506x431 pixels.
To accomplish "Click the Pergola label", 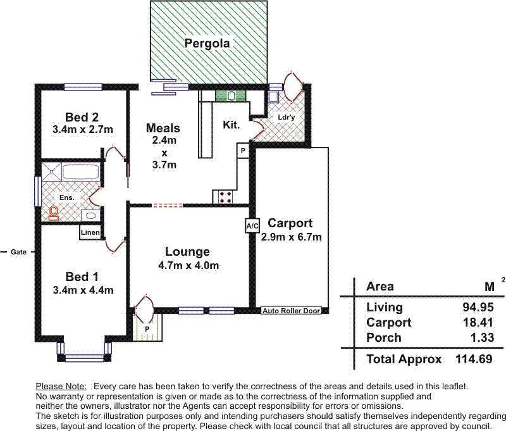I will pos(207,44).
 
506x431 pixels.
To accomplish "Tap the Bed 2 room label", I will pos(82,117).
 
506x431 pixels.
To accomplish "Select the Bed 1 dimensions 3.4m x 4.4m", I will pos(83,290).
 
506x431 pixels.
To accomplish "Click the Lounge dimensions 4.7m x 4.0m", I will pos(187,266).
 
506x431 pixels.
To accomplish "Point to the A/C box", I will pos(252,226).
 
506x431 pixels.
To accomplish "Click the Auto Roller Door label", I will pos(292,311).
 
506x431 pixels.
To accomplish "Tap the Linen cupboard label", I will pos(90,233).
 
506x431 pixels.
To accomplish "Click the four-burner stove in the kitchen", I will pos(226,197).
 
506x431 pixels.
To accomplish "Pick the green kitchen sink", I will pos(225,96).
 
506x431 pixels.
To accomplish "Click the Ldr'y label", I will pos(286,118).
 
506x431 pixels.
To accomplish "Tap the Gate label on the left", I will pos(18,252).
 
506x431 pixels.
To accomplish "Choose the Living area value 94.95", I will pos(478,308).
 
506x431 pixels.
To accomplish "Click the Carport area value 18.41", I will pos(478,323).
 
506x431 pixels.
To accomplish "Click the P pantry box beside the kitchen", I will pos(243,151).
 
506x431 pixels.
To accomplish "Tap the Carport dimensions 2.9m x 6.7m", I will pos(292,237).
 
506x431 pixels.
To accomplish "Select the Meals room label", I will pos(163,128).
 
